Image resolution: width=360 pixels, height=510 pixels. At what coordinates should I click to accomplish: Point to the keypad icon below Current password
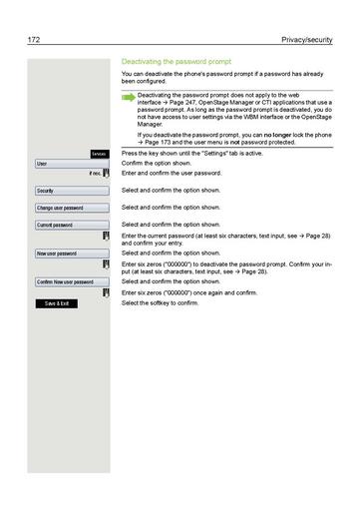[x=107, y=238]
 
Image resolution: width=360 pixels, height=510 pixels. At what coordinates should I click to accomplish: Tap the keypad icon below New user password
[x=107, y=266]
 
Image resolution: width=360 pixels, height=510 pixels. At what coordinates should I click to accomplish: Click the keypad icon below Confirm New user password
[x=107, y=293]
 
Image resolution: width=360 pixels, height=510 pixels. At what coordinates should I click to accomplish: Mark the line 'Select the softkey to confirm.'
[x=160, y=302]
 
